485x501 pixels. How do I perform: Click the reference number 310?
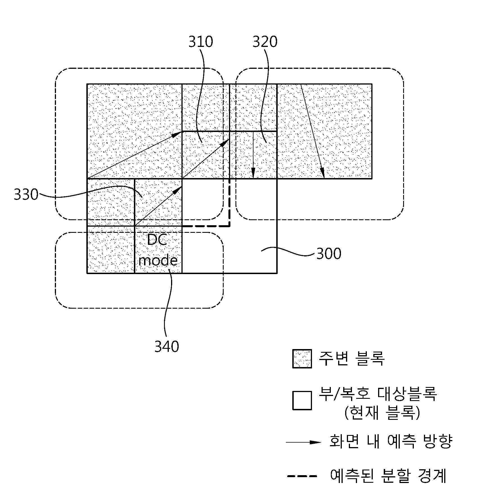201,42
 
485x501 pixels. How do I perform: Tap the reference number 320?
265,42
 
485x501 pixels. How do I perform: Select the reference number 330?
26,194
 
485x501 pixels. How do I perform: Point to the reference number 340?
167,347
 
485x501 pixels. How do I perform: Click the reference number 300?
329,253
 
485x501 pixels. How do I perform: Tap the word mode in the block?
158,260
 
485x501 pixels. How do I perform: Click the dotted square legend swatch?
302,359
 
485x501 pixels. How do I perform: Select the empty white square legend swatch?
302,400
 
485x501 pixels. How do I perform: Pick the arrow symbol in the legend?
303,442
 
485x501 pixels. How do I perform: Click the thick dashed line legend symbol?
302,476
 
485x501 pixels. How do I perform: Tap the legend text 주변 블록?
351,358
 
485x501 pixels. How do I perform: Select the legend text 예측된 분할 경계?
389,475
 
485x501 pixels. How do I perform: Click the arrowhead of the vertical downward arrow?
253,174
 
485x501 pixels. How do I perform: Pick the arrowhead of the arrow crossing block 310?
225,143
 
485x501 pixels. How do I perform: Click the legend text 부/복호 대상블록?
378,394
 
